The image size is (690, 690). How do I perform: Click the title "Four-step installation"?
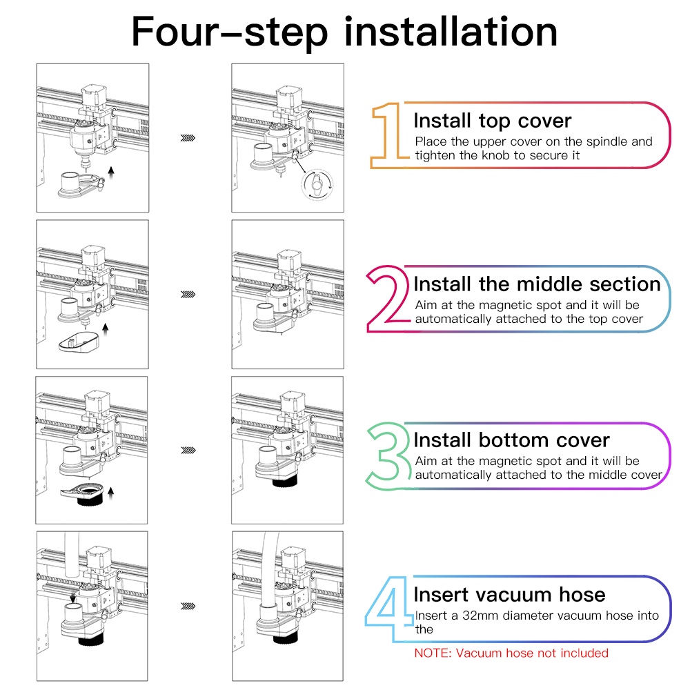click(x=344, y=32)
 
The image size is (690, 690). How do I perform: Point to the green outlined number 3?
click(x=388, y=456)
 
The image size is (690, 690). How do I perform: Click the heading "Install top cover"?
click(x=493, y=121)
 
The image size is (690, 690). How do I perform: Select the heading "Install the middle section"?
click(x=537, y=284)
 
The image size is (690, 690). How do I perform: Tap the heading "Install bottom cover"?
click(x=511, y=440)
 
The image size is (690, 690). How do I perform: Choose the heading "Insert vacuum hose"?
click(x=510, y=595)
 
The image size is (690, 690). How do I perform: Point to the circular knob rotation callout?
click(x=317, y=185)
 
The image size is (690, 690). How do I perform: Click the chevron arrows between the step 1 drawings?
click(x=188, y=138)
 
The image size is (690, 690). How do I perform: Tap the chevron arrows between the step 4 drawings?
click(x=188, y=607)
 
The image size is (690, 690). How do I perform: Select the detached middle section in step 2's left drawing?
click(x=79, y=342)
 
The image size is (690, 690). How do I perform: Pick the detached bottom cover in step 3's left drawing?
click(x=83, y=494)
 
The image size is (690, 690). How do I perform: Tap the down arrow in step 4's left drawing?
click(x=73, y=598)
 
